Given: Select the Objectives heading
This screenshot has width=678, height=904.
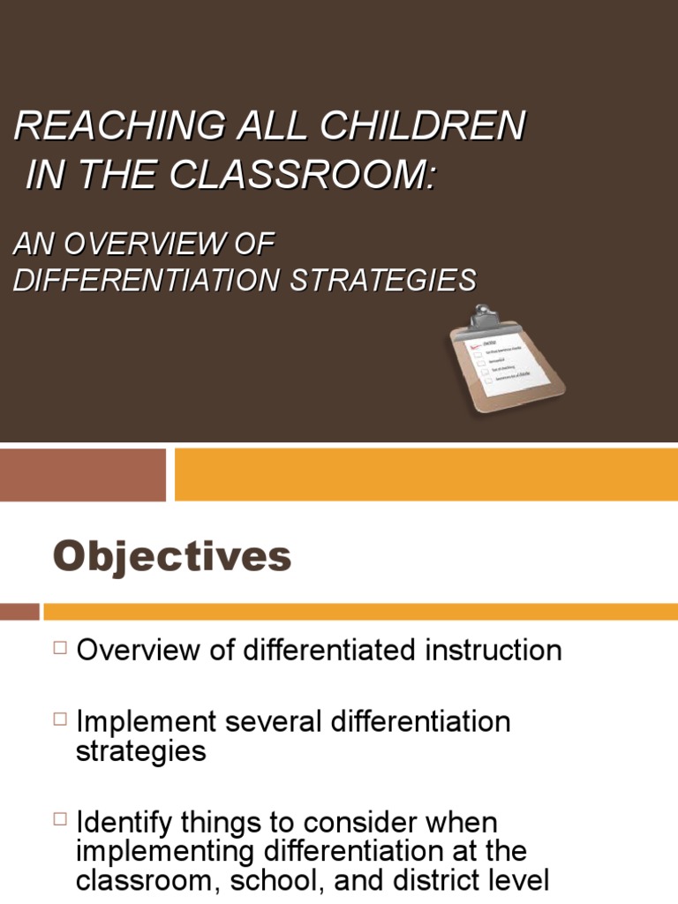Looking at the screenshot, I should click(x=172, y=556).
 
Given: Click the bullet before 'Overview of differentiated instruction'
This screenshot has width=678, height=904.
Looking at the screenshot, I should click(x=60, y=649).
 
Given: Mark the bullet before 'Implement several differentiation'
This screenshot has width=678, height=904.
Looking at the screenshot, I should click(x=60, y=720).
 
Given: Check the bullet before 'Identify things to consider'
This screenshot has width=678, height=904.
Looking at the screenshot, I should click(x=60, y=821).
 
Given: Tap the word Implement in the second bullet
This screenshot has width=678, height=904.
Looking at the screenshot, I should click(x=141, y=722).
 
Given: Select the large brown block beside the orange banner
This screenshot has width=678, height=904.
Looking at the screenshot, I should click(x=83, y=474).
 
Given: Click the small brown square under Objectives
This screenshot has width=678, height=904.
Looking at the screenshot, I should click(x=19, y=611).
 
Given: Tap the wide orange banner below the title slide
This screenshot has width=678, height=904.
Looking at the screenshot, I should click(x=426, y=474).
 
